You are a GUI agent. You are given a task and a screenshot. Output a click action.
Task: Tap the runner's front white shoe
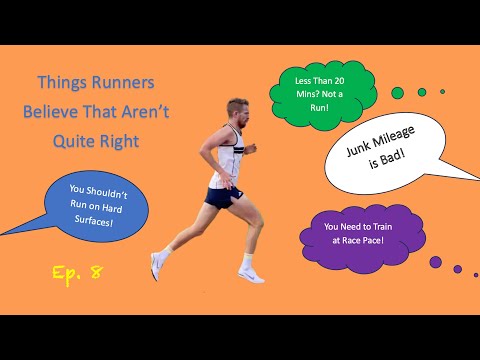(157, 267)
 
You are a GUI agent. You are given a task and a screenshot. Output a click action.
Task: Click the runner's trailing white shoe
(251, 273)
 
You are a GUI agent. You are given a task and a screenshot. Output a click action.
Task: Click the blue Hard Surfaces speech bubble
(96, 207)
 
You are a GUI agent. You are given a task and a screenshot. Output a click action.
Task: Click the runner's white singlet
(223, 161)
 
